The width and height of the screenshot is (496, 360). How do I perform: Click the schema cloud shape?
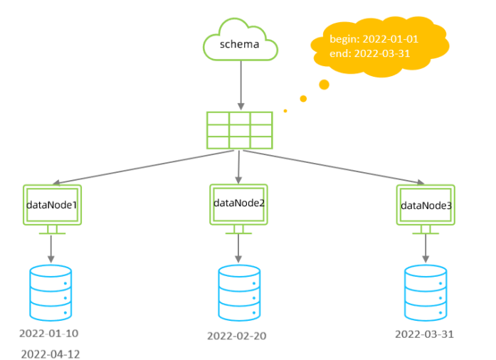pos(240,45)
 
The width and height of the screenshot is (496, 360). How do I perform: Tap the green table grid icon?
pos(240,130)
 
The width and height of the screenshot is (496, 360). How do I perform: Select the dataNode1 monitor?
pos(52,206)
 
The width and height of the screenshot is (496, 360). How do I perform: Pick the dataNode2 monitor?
pos(238,204)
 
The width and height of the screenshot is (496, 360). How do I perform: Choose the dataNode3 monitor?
pos(426,206)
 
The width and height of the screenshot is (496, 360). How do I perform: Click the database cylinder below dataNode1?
pos(51,292)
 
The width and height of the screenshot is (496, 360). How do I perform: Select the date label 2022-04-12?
pos(51,353)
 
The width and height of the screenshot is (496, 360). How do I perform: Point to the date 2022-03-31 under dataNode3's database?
pos(424,334)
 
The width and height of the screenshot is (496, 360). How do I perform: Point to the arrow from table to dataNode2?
pos(238,165)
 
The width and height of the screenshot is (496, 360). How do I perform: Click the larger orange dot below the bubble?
pos(324,85)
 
